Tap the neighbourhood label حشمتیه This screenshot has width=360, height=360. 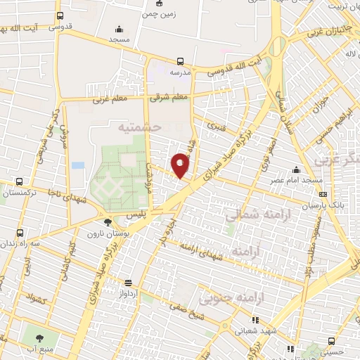point(141,127)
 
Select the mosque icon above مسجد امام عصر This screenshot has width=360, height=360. point(296,169)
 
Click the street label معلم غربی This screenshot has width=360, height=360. point(109,100)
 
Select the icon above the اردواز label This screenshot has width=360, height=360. point(127,283)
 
